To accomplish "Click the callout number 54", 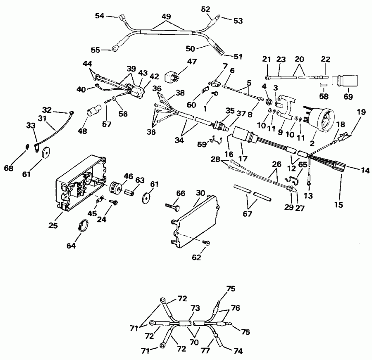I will (100, 15).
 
